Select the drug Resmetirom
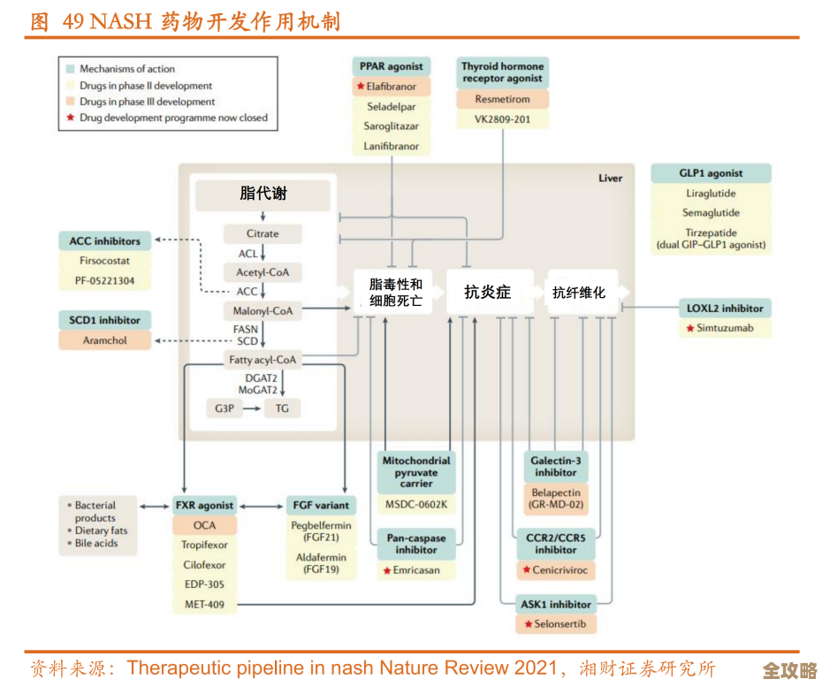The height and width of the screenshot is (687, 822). (502, 100)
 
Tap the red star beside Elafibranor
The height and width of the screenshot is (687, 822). (361, 87)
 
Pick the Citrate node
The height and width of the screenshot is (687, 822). (263, 234)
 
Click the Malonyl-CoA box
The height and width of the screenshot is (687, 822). (263, 311)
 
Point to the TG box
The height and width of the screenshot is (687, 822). (282, 408)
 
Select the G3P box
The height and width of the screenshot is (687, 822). (224, 408)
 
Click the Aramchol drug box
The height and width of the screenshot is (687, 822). (105, 340)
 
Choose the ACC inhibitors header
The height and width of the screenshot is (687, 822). (105, 241)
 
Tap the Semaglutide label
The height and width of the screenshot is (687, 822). (711, 213)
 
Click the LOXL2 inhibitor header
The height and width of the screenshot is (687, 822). (725, 309)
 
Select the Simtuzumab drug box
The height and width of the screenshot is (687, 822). (725, 328)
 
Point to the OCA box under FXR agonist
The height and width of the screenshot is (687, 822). (204, 525)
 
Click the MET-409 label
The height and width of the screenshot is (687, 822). (204, 605)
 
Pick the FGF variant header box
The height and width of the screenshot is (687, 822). (321, 506)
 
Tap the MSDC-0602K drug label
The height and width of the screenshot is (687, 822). (416, 506)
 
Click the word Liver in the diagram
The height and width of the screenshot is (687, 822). (610, 179)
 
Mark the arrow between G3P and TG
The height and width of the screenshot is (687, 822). (253, 408)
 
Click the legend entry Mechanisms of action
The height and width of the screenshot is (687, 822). (126, 69)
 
